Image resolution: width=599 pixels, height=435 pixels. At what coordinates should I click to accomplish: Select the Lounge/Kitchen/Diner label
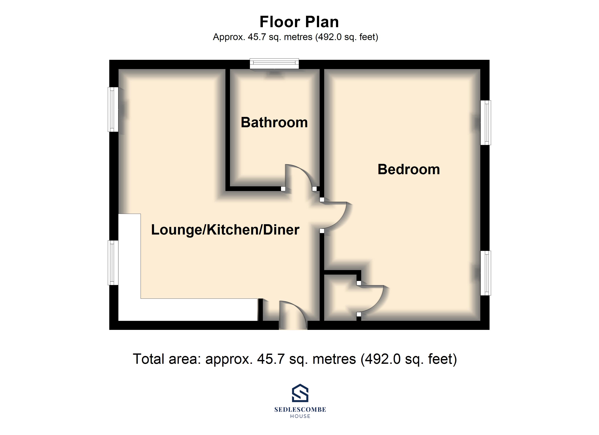tap(225, 229)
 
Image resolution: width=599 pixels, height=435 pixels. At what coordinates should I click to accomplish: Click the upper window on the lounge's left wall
tap(113, 109)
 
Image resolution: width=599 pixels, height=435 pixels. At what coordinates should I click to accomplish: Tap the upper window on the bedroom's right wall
tap(485, 123)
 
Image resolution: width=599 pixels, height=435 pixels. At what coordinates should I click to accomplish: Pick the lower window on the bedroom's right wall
tap(485, 273)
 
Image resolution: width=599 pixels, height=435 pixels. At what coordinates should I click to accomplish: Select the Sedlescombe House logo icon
tap(300, 393)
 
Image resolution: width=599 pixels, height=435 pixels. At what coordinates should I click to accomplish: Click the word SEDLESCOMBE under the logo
tap(300, 410)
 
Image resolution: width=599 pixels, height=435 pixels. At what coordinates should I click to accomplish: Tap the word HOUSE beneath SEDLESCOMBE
tap(300, 416)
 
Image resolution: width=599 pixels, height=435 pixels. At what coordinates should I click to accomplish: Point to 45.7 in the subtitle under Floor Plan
tap(257, 37)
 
